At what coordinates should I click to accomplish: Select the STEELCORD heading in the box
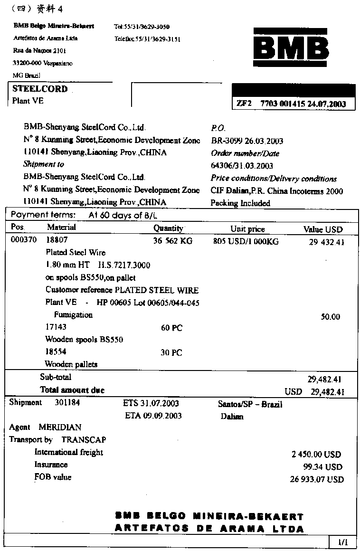click(x=40, y=89)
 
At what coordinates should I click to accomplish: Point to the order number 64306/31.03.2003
click(x=242, y=166)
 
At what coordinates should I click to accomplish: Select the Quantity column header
click(x=168, y=228)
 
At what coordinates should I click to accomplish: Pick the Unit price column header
click(x=247, y=229)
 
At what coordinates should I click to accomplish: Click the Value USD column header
click(x=323, y=229)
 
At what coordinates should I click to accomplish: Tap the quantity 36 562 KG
click(x=172, y=241)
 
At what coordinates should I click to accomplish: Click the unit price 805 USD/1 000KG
click(x=246, y=241)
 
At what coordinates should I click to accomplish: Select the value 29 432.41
click(x=326, y=242)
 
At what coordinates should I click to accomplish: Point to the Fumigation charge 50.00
click(x=331, y=317)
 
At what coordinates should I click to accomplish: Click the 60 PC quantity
click(x=171, y=328)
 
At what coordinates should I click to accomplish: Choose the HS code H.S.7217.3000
click(x=124, y=265)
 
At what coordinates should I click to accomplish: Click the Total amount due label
click(x=72, y=390)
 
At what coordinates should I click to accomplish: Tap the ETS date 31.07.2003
click(x=159, y=403)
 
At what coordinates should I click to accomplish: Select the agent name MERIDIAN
click(x=60, y=427)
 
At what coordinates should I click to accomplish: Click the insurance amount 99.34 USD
click(x=323, y=467)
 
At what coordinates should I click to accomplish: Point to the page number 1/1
click(x=343, y=541)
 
